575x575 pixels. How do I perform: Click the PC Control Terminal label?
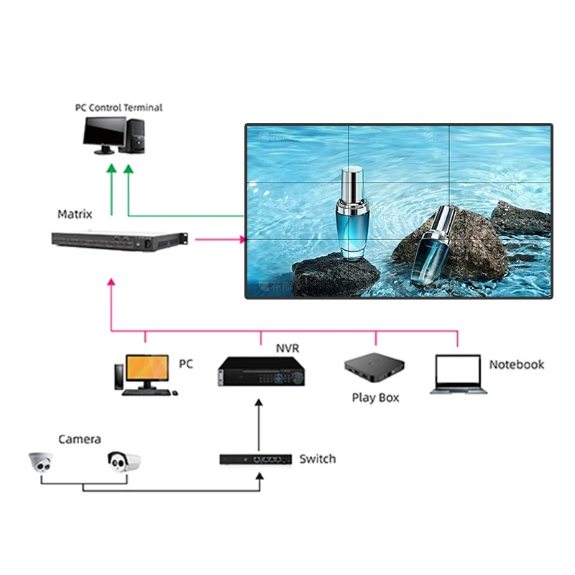pyautogui.click(x=119, y=108)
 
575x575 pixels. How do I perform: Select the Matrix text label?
pyautogui.click(x=75, y=214)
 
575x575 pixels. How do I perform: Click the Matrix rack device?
pyautogui.click(x=119, y=241)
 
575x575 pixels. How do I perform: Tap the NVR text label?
pyautogui.click(x=287, y=349)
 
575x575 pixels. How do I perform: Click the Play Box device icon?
pyautogui.click(x=373, y=371)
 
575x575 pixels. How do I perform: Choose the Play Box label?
pyautogui.click(x=375, y=397)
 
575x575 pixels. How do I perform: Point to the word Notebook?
pyautogui.click(x=516, y=364)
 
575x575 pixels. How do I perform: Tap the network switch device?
pyautogui.click(x=255, y=459)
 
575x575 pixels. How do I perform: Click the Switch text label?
pyautogui.click(x=317, y=459)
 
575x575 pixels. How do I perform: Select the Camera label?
pyautogui.click(x=80, y=439)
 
